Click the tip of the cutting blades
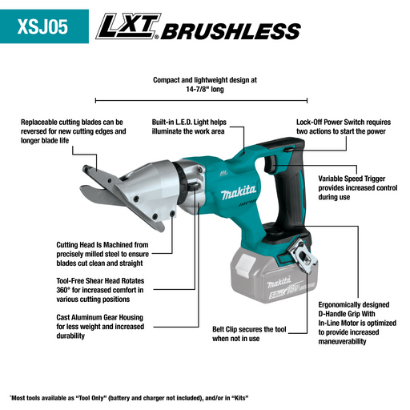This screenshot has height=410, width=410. coord(88,171)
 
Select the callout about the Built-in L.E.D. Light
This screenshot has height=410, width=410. coord(190,127)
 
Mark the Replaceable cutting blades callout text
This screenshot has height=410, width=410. coord(73,131)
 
